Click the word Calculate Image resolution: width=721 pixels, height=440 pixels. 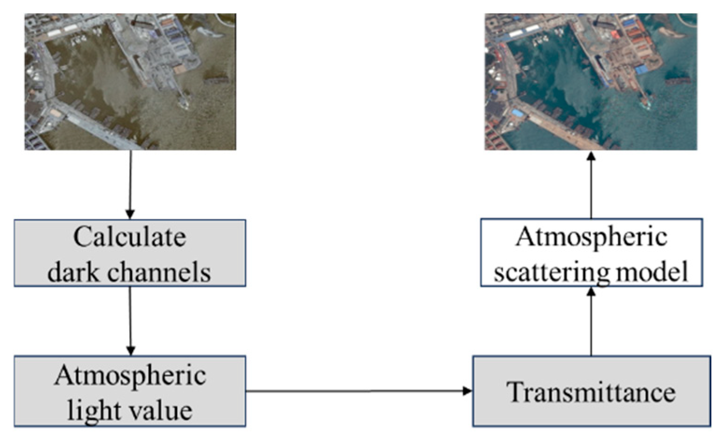pos(129,237)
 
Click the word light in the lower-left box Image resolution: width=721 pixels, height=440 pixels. pos(87,410)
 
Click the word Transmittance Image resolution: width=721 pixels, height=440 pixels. pos(591,391)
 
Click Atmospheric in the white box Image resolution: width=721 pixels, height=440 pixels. pos(591,237)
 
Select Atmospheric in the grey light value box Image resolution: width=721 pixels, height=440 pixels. pos(129,375)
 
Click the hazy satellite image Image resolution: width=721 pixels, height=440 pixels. pos(130,82)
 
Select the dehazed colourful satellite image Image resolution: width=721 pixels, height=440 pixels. pos(591,82)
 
